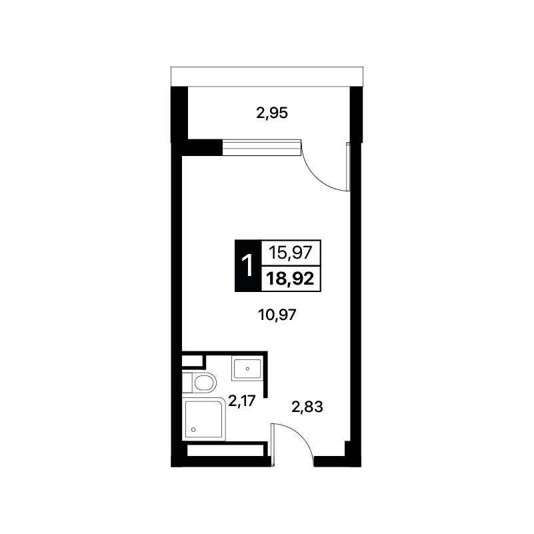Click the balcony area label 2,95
[272, 113]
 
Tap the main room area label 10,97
[277, 315]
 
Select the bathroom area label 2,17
[242, 401]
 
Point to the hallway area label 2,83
[307, 407]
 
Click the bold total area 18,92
[290, 279]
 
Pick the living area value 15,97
[291, 253]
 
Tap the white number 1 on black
[247, 265]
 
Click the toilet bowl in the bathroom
[205, 383]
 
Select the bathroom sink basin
[247, 369]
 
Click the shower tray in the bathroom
[204, 419]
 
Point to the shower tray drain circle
[193, 430]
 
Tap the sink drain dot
[247, 369]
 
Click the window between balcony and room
[261, 147]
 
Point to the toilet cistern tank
[187, 383]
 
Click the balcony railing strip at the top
[267, 77]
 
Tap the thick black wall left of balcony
[179, 114]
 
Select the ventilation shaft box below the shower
[226, 450]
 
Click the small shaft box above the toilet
[193, 361]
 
